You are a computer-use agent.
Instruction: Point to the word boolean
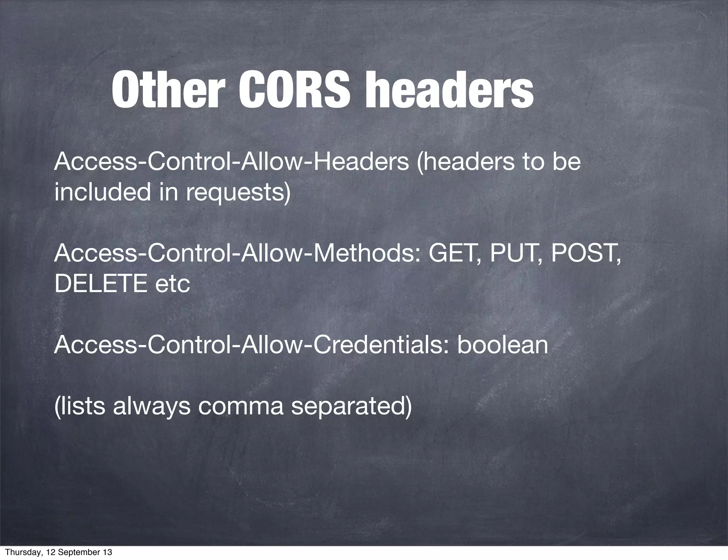(503, 345)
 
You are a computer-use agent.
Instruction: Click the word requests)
(238, 192)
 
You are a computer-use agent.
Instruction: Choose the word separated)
(352, 406)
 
